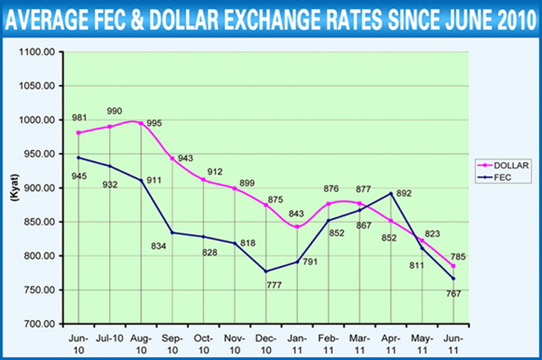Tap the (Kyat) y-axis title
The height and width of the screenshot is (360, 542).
pos(14,188)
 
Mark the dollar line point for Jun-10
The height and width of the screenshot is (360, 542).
pos(78,133)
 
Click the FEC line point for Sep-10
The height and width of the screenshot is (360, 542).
pos(172,233)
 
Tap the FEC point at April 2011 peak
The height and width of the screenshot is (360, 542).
pos(390,194)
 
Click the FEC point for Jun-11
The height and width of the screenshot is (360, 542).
pos(452,279)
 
